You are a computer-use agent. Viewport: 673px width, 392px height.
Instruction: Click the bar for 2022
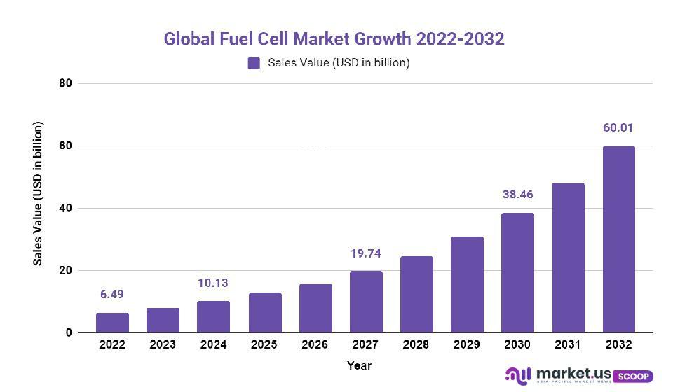point(112,323)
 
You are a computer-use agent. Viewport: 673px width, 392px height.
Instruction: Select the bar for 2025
point(265,313)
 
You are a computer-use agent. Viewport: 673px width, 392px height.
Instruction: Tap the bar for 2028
point(416,295)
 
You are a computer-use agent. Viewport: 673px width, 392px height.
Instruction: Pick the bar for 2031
point(569,258)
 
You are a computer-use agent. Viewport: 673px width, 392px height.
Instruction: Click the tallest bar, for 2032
point(619,239)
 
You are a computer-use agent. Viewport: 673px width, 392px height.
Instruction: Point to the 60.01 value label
point(618,128)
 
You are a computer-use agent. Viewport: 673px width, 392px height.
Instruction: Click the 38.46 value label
point(517,195)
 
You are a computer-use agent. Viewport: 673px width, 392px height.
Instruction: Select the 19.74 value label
point(366,253)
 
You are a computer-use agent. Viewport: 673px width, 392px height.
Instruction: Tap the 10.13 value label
point(214,283)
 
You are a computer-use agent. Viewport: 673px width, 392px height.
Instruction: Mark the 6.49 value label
point(112,295)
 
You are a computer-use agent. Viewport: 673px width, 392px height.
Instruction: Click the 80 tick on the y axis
point(66,83)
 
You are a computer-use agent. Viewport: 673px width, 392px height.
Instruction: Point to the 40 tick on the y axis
point(66,208)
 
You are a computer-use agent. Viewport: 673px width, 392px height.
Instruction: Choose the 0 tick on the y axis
point(69,333)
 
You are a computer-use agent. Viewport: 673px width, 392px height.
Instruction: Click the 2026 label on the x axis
point(315,345)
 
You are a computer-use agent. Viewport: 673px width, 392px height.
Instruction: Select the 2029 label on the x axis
point(467,345)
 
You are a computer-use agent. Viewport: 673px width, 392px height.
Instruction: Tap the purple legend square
point(254,63)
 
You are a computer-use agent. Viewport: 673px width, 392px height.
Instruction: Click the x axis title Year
point(359,365)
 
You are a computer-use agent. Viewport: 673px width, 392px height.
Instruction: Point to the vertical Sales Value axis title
point(39,194)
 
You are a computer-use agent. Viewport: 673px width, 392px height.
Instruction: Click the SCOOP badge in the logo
point(635,376)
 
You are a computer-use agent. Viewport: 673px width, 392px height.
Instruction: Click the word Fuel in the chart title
point(233,39)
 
